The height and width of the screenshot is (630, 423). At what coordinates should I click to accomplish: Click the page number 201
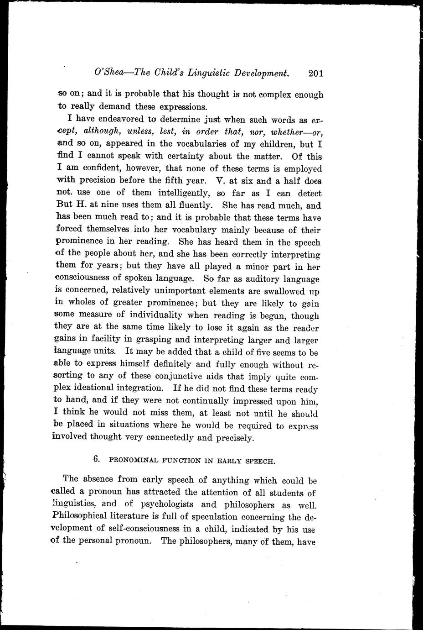click(x=315, y=73)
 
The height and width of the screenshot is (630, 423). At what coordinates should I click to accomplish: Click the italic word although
click(x=102, y=132)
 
